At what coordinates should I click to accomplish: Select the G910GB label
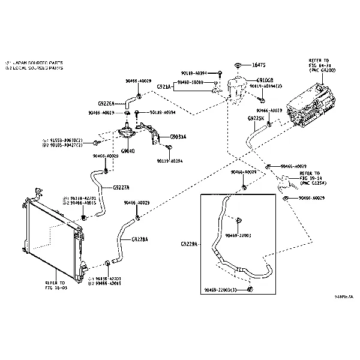pos(265,80)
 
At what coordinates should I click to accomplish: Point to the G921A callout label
pos(164,87)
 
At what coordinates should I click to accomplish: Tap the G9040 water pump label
pos(127,151)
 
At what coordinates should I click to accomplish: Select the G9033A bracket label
pos(178,136)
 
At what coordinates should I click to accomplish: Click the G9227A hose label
pos(121,187)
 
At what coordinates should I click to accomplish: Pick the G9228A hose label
pos(139,239)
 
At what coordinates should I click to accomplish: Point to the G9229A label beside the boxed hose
pos(189,244)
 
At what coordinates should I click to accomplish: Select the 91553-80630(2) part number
pos(65,140)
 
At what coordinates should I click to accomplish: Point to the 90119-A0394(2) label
pos(266,86)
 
